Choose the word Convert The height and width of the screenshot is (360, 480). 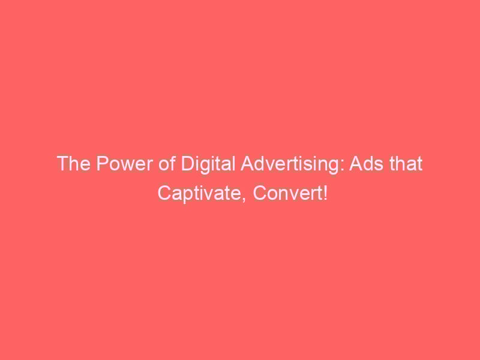coord(287,193)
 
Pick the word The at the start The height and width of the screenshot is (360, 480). coord(74,163)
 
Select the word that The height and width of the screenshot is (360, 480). coord(406,163)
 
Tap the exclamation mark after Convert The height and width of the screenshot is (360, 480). coord(325,193)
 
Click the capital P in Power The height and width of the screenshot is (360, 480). coord(102,163)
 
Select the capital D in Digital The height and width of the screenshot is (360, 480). coord(188,163)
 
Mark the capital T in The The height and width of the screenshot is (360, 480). coord(63,163)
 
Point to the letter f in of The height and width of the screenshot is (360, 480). coord(172,163)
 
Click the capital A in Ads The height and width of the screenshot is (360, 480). coord(356,163)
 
